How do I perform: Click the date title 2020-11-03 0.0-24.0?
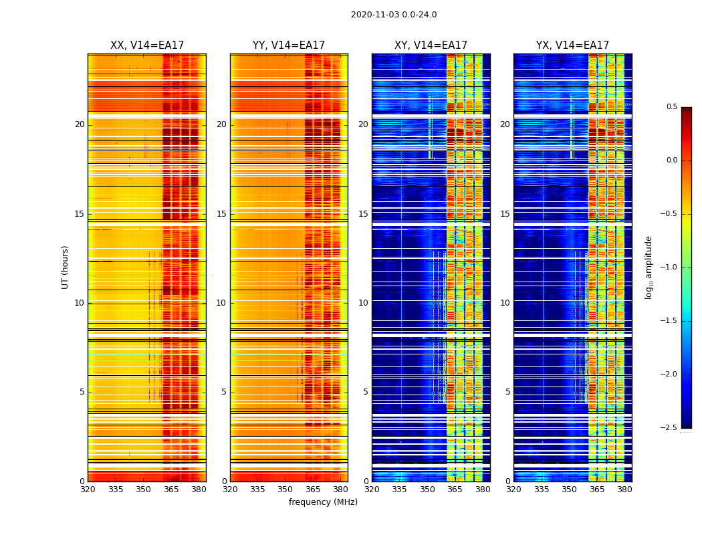coord(394,15)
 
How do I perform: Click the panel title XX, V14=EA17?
coord(147,45)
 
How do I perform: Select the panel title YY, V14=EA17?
coord(289,45)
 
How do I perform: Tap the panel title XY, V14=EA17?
coord(431,45)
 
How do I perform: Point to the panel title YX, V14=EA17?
coord(572,45)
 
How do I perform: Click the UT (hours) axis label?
coord(65,267)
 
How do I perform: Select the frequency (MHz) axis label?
coord(323,502)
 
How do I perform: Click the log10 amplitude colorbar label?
coord(649,267)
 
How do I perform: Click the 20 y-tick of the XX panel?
coord(80,124)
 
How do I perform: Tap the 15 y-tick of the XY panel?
coord(363,214)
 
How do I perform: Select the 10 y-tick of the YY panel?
coord(221,303)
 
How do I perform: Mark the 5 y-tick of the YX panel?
coord(507,392)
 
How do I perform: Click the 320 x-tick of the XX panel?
coord(88,490)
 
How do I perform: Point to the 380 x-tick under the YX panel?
coord(624,490)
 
